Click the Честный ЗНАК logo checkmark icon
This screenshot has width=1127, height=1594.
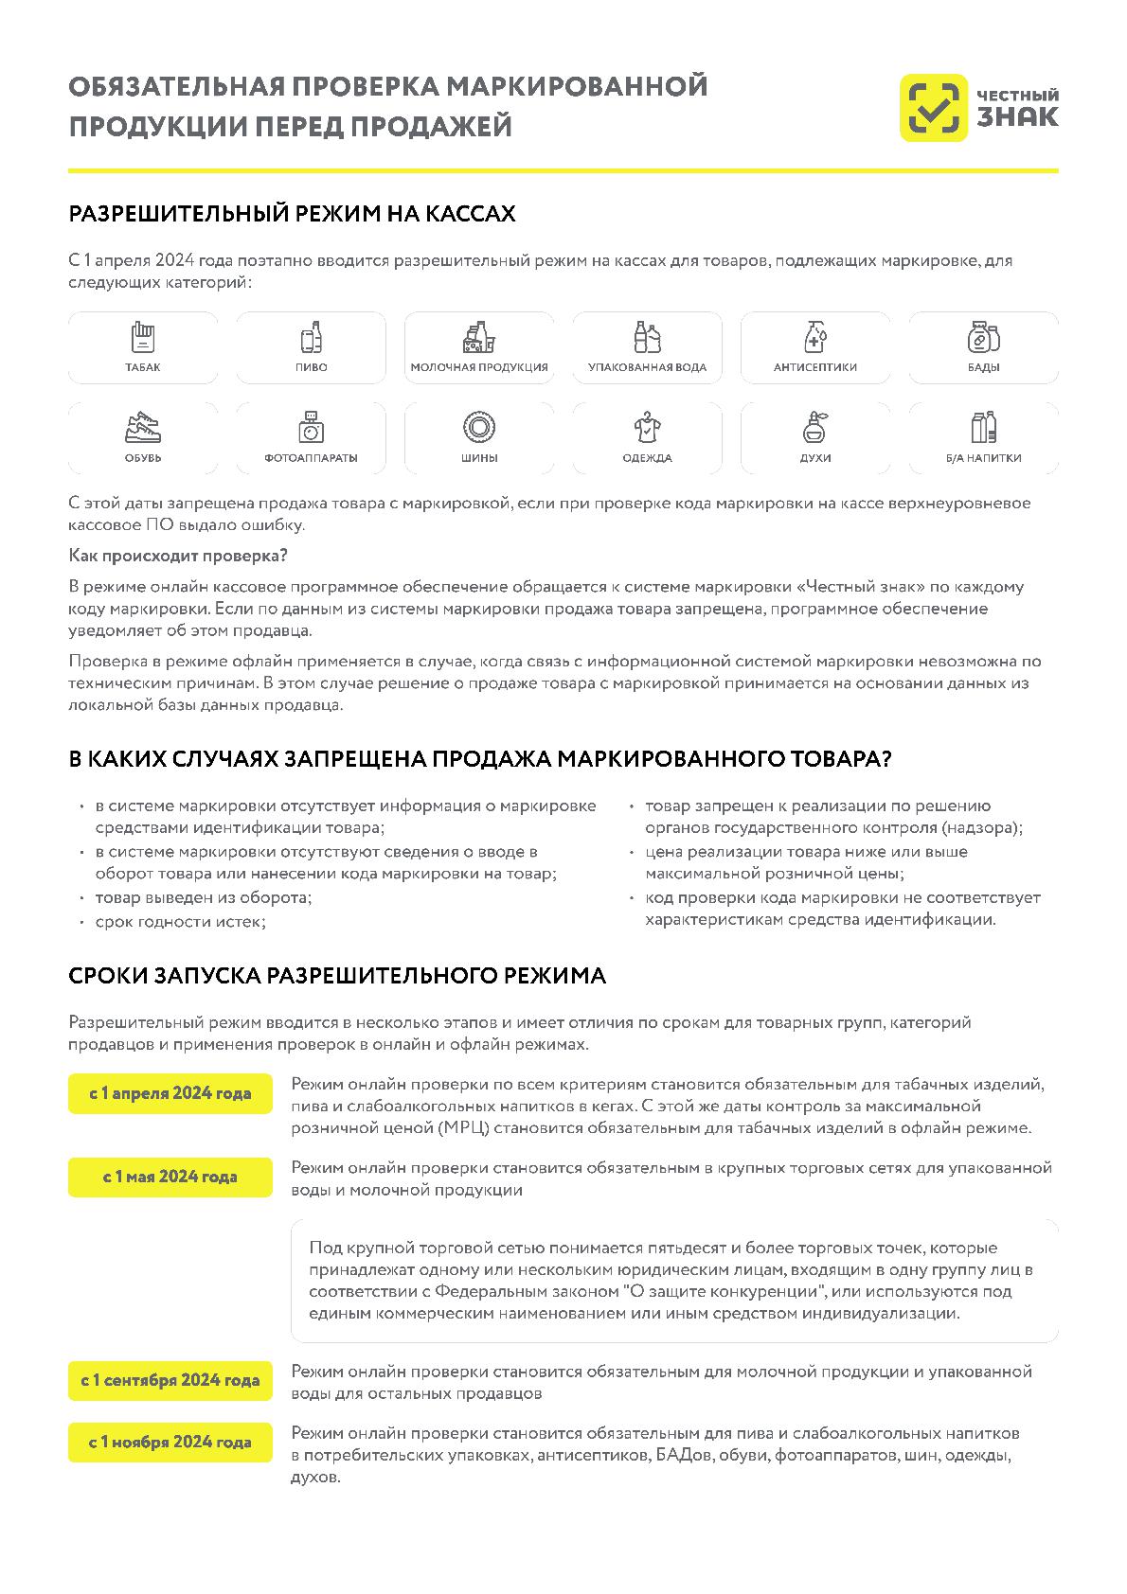(933, 108)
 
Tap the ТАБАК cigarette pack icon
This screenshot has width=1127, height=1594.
(142, 337)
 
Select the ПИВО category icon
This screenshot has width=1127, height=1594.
(311, 337)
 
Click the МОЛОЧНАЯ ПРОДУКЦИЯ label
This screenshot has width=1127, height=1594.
(479, 367)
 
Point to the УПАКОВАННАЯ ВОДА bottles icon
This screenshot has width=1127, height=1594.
(647, 337)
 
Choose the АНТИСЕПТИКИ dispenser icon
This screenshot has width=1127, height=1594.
(814, 337)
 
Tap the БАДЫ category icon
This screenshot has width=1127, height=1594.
(983, 337)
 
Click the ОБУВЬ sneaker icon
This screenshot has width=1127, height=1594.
(142, 427)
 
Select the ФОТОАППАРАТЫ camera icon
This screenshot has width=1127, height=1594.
(311, 427)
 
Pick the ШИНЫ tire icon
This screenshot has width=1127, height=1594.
(479, 427)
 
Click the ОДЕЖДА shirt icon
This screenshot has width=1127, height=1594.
(647, 427)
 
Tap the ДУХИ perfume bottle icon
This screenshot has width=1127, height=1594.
(814, 427)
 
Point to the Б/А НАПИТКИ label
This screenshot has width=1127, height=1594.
(983, 458)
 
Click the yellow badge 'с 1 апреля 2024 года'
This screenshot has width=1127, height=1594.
(170, 1094)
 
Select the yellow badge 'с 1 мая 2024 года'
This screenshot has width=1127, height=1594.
(170, 1178)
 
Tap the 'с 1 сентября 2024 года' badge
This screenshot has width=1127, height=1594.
(170, 1381)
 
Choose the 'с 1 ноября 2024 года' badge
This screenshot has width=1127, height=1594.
(170, 1443)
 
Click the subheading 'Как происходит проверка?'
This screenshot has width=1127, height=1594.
(178, 556)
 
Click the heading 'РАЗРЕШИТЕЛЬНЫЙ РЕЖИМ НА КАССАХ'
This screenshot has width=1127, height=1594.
(292, 214)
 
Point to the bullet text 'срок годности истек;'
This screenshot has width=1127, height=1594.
(180, 921)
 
